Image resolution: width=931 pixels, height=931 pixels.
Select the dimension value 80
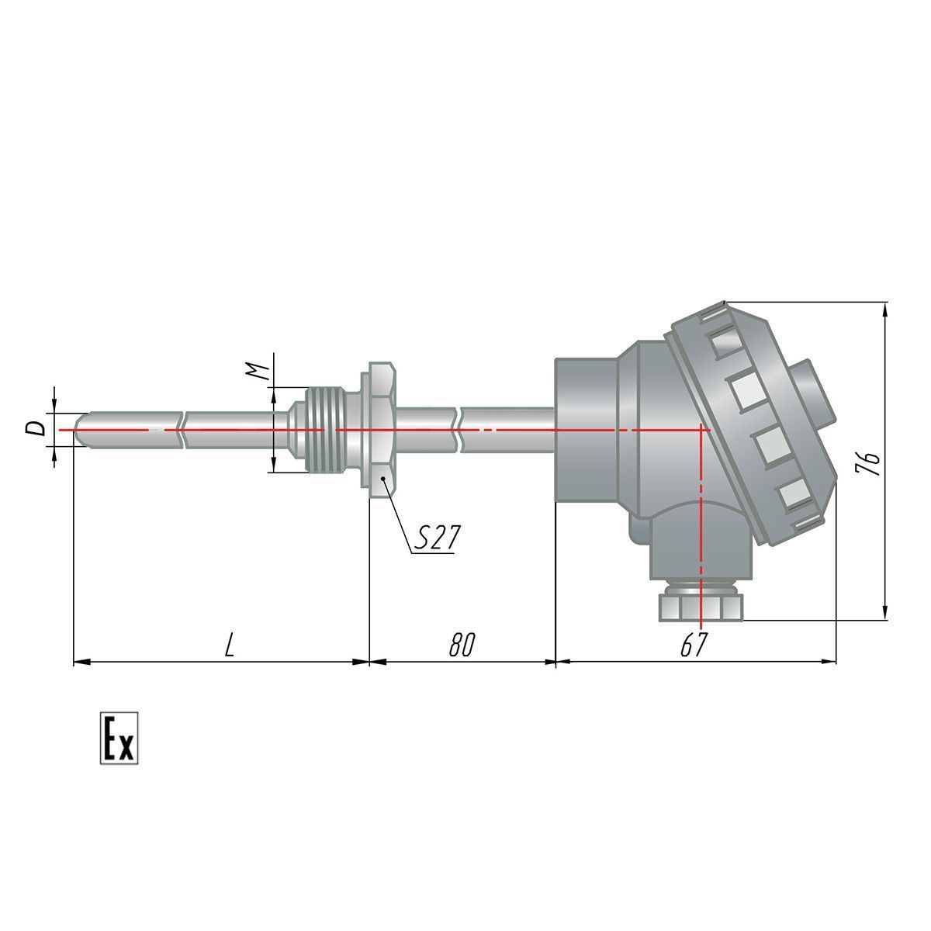click(x=462, y=645)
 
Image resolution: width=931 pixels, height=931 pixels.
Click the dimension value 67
click(x=694, y=645)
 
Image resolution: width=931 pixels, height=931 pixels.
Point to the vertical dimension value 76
click(x=868, y=465)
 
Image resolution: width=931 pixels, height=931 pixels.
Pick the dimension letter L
click(x=230, y=645)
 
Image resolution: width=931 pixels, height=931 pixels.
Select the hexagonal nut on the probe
click(x=382, y=430)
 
